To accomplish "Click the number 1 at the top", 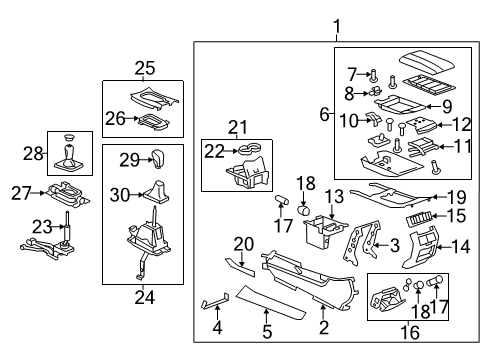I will pyautogui.click(x=337, y=26).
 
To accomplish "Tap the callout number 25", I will pyautogui.click(x=145, y=68).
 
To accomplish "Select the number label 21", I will pyautogui.click(x=237, y=127).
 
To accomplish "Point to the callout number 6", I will pyautogui.click(x=323, y=115).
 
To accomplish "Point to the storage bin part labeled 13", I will pyautogui.click(x=322, y=231).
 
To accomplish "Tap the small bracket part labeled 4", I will pyautogui.click(x=213, y=301).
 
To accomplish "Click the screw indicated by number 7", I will pyautogui.click(x=372, y=73).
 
